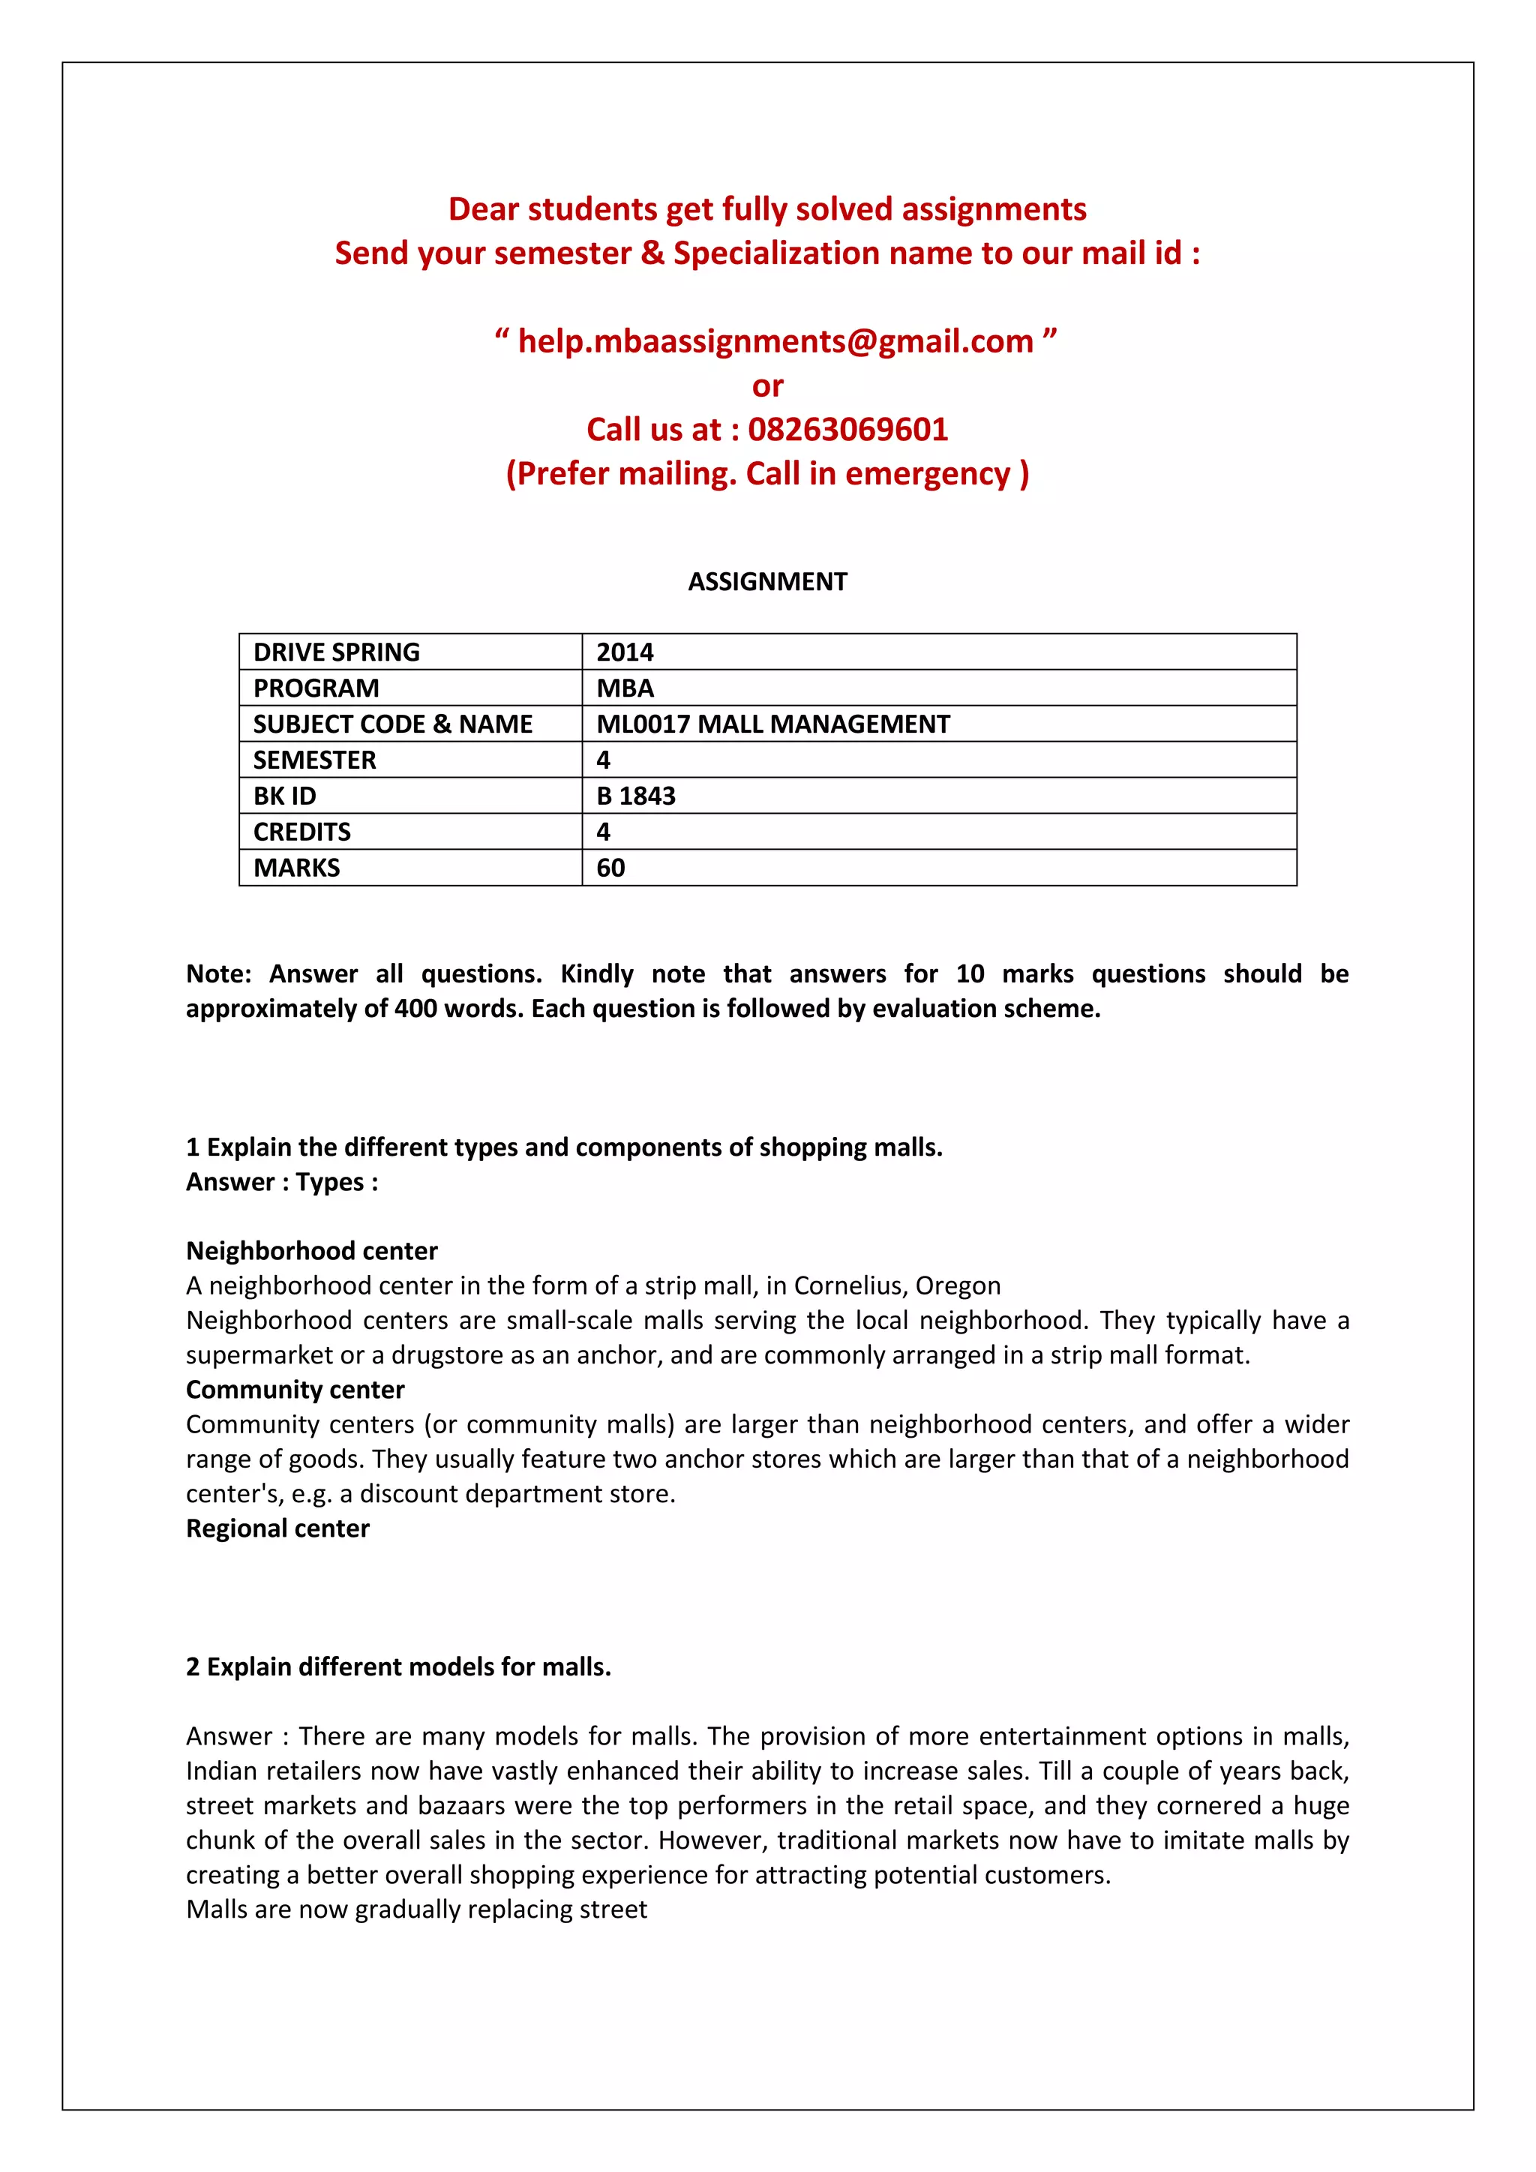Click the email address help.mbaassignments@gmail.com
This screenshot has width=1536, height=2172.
tap(775, 341)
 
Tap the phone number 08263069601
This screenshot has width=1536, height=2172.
tap(847, 430)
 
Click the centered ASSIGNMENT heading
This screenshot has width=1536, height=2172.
tap(767, 582)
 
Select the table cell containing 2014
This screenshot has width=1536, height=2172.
tap(625, 652)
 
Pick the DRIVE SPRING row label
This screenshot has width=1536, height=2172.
tap(336, 652)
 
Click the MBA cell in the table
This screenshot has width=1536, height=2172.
tap(625, 688)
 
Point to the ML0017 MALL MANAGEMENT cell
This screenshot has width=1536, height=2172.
tap(772, 724)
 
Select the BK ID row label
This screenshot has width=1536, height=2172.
tap(285, 796)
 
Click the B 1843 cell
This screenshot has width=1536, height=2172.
tap(635, 796)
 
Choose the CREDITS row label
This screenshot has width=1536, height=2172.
tap(301, 832)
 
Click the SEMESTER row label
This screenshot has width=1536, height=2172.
tap(314, 760)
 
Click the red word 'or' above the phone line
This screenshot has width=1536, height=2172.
tap(767, 386)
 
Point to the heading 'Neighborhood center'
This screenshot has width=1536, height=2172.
tap(311, 1250)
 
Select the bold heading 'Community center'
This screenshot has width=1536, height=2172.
tap(295, 1390)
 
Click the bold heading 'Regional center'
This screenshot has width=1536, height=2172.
tap(277, 1528)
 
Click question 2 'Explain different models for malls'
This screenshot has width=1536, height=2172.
tap(398, 1666)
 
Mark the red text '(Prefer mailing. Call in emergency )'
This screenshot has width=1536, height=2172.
tap(767, 473)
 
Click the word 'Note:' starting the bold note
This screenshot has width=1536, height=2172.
tap(218, 973)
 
